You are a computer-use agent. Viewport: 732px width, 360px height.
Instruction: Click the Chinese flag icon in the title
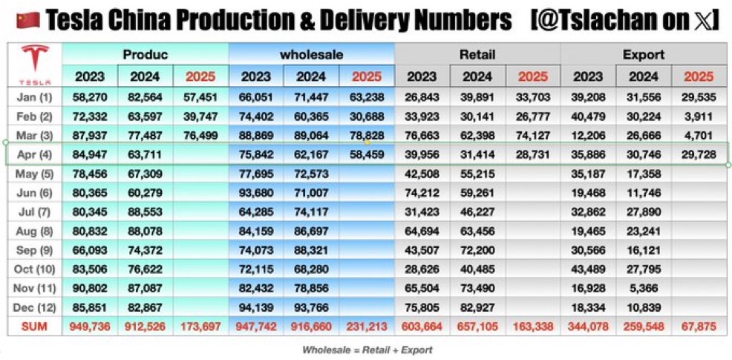click(x=27, y=21)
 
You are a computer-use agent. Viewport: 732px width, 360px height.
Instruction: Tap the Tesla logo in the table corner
click(x=34, y=64)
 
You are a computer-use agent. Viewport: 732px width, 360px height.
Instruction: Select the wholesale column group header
click(x=311, y=54)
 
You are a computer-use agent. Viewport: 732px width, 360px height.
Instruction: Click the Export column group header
click(x=644, y=54)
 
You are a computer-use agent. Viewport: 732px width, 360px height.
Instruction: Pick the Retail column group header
click(x=477, y=54)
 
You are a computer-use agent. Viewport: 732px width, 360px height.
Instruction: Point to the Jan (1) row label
click(x=34, y=96)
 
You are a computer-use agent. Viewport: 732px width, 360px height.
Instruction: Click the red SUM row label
click(x=34, y=325)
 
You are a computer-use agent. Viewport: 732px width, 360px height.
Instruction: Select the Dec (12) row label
click(x=34, y=306)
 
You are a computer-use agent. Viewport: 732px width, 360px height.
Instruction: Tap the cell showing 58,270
click(x=90, y=96)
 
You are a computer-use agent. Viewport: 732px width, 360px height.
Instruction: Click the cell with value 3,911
click(x=699, y=116)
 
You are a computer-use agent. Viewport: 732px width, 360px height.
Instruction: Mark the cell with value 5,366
click(x=644, y=287)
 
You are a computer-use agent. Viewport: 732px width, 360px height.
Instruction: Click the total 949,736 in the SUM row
click(x=90, y=325)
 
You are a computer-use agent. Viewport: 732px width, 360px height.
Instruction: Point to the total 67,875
click(x=699, y=325)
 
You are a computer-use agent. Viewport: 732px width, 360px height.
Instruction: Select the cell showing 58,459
click(x=367, y=154)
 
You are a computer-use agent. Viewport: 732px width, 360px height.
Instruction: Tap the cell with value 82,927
click(x=477, y=306)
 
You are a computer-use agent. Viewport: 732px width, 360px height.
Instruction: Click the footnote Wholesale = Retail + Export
click(x=367, y=349)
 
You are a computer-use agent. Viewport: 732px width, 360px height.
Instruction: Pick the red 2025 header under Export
click(x=699, y=76)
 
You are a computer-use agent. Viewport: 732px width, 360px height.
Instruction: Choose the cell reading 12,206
click(x=588, y=135)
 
